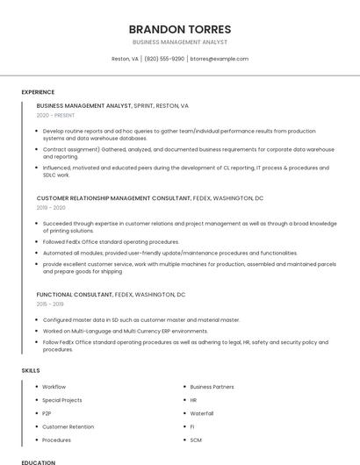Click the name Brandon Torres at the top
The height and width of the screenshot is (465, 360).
[179, 29]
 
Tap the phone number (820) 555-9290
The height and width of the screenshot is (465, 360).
[164, 59]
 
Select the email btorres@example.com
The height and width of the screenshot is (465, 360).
[220, 59]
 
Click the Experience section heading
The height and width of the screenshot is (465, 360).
[38, 91]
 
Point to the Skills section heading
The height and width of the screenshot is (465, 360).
[31, 370]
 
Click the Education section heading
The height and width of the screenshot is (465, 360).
[39, 461]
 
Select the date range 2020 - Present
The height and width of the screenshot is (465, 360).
[55, 115]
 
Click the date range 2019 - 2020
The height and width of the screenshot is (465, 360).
[51, 208]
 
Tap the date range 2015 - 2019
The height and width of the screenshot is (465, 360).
[51, 304]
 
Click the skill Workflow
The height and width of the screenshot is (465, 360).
[54, 387]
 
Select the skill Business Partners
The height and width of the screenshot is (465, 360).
[212, 387]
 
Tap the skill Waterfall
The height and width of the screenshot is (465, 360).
[201, 413]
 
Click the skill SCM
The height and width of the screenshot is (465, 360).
[196, 440]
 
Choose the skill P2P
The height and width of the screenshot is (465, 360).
[47, 413]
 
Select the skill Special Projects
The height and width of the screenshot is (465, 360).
[61, 400]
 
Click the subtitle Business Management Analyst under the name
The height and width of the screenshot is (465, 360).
[179, 42]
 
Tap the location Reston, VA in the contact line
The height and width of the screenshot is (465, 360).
[125, 59]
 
